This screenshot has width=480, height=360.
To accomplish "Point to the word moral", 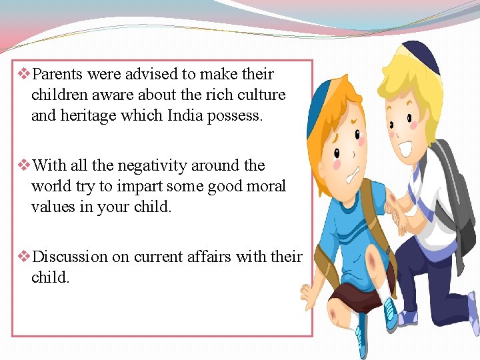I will (x=264, y=186).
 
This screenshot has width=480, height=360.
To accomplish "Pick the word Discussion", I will (x=70, y=257).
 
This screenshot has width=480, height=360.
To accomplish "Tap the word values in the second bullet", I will (x=55, y=207).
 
